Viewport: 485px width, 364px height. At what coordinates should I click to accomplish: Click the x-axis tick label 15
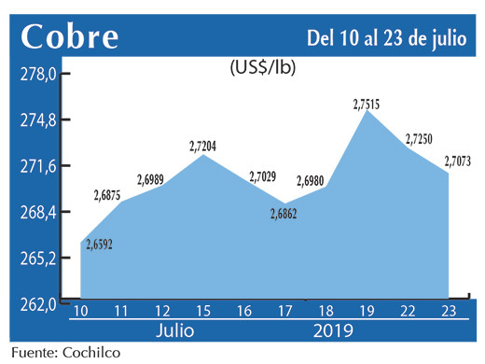(204, 311)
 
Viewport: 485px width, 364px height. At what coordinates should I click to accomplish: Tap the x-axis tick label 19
(367, 311)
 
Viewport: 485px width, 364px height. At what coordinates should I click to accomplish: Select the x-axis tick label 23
(449, 311)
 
